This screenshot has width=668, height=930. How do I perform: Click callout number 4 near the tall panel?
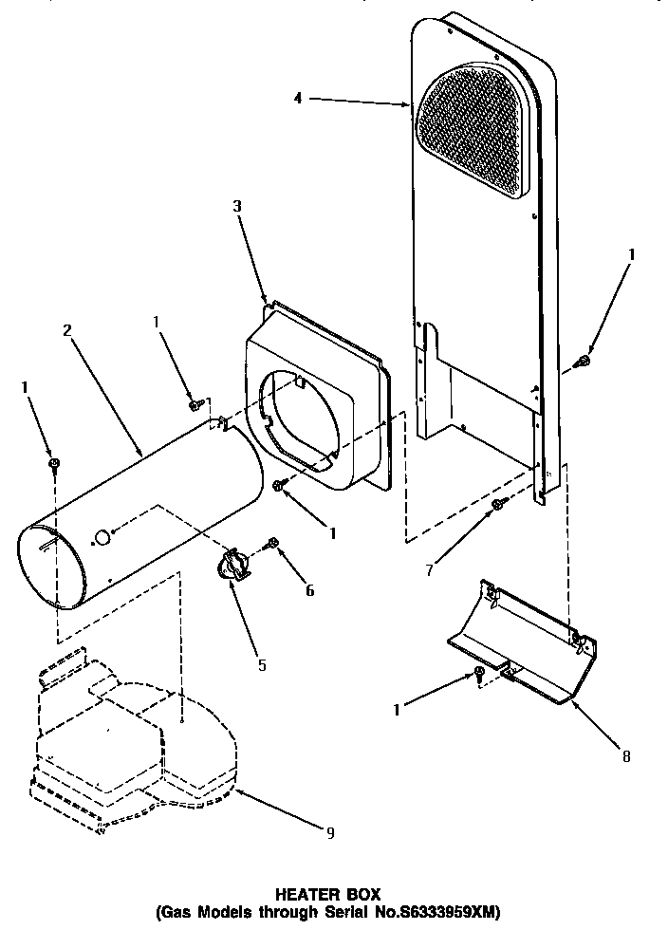coord(300,99)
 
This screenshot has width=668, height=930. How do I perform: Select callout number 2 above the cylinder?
coord(67,331)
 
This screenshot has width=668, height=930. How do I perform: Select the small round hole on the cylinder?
coord(102,539)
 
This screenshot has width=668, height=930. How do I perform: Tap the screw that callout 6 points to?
coord(272,544)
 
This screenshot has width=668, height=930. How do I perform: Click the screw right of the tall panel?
coord(583,361)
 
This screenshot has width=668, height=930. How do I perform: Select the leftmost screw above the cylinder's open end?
coord(55,463)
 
